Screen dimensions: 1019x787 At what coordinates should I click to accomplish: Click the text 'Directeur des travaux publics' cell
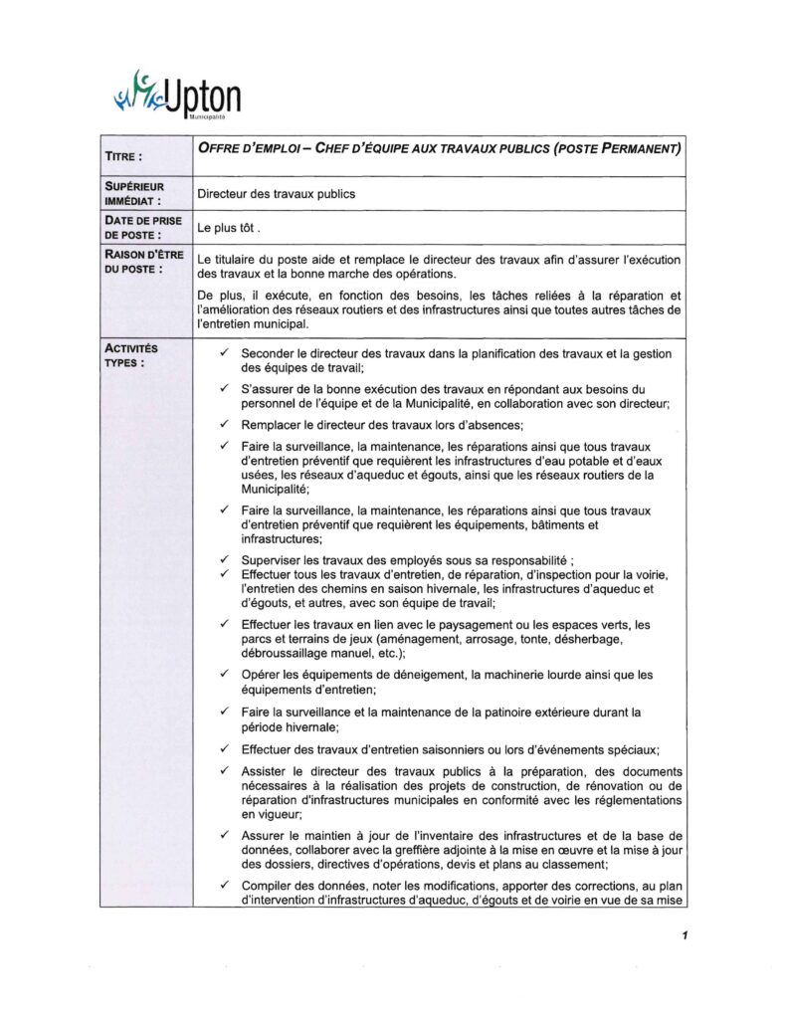pos(277,194)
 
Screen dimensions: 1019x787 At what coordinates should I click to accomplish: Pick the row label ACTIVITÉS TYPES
pos(130,355)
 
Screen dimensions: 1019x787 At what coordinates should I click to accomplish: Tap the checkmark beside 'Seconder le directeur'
pos(226,353)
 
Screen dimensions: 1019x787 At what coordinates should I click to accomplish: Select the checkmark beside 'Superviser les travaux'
pos(226,560)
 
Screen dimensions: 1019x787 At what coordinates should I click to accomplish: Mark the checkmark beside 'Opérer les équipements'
pos(226,675)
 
